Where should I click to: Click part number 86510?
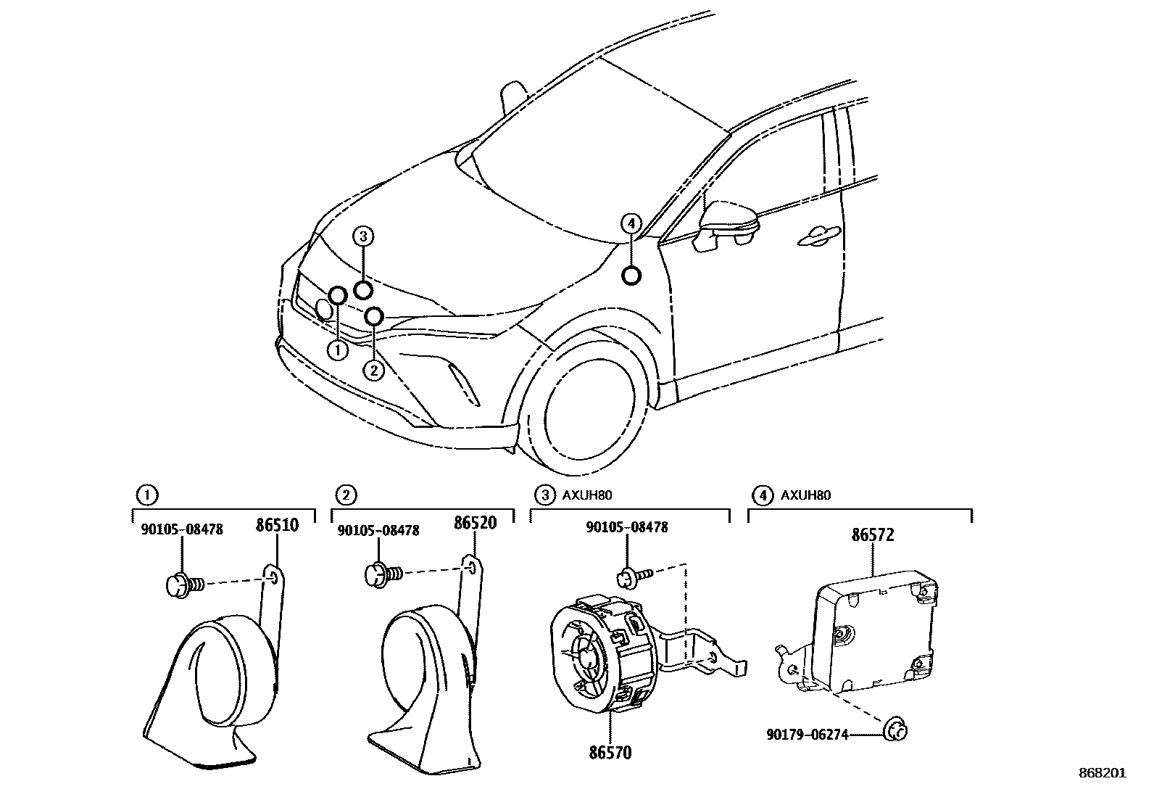(276, 524)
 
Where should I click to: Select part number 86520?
(475, 522)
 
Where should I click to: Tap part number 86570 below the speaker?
(610, 753)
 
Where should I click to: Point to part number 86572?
(873, 535)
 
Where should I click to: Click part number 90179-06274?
(807, 735)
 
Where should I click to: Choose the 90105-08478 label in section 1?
(182, 529)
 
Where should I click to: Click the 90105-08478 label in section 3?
(627, 527)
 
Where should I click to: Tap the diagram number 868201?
(1102, 773)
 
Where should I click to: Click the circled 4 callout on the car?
(632, 223)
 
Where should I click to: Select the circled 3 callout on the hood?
(364, 235)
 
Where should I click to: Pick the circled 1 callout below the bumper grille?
(338, 350)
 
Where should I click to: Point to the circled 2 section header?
(346, 496)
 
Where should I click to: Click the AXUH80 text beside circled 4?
(805, 496)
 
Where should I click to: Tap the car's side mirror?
(728, 224)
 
